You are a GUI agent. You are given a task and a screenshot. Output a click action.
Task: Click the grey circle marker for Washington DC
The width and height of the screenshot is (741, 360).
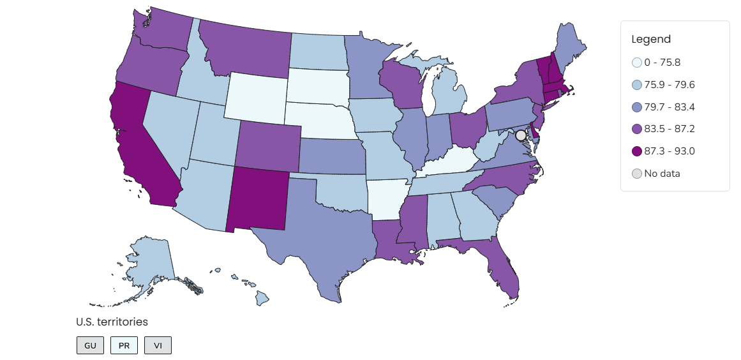click(521, 135)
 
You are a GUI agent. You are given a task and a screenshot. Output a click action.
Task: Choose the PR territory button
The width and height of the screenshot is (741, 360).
click(124, 345)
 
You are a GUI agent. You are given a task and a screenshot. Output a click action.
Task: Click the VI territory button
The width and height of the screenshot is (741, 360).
click(158, 345)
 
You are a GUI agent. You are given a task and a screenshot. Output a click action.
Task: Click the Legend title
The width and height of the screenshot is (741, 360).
click(651, 39)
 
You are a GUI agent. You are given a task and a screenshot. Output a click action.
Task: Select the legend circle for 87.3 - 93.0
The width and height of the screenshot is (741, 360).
click(636, 151)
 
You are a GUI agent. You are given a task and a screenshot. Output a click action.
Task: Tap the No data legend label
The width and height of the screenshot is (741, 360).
click(662, 174)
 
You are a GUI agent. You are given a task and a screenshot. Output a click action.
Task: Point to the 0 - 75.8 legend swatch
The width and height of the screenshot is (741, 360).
click(636, 63)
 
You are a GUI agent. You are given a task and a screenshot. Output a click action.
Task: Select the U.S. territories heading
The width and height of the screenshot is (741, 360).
click(112, 322)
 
